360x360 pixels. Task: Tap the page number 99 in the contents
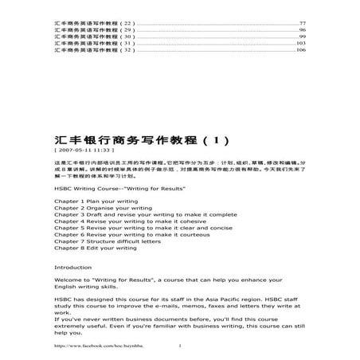coord(302,37)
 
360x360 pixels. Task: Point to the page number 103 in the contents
coord(301,44)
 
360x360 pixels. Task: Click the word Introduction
coord(72,268)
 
